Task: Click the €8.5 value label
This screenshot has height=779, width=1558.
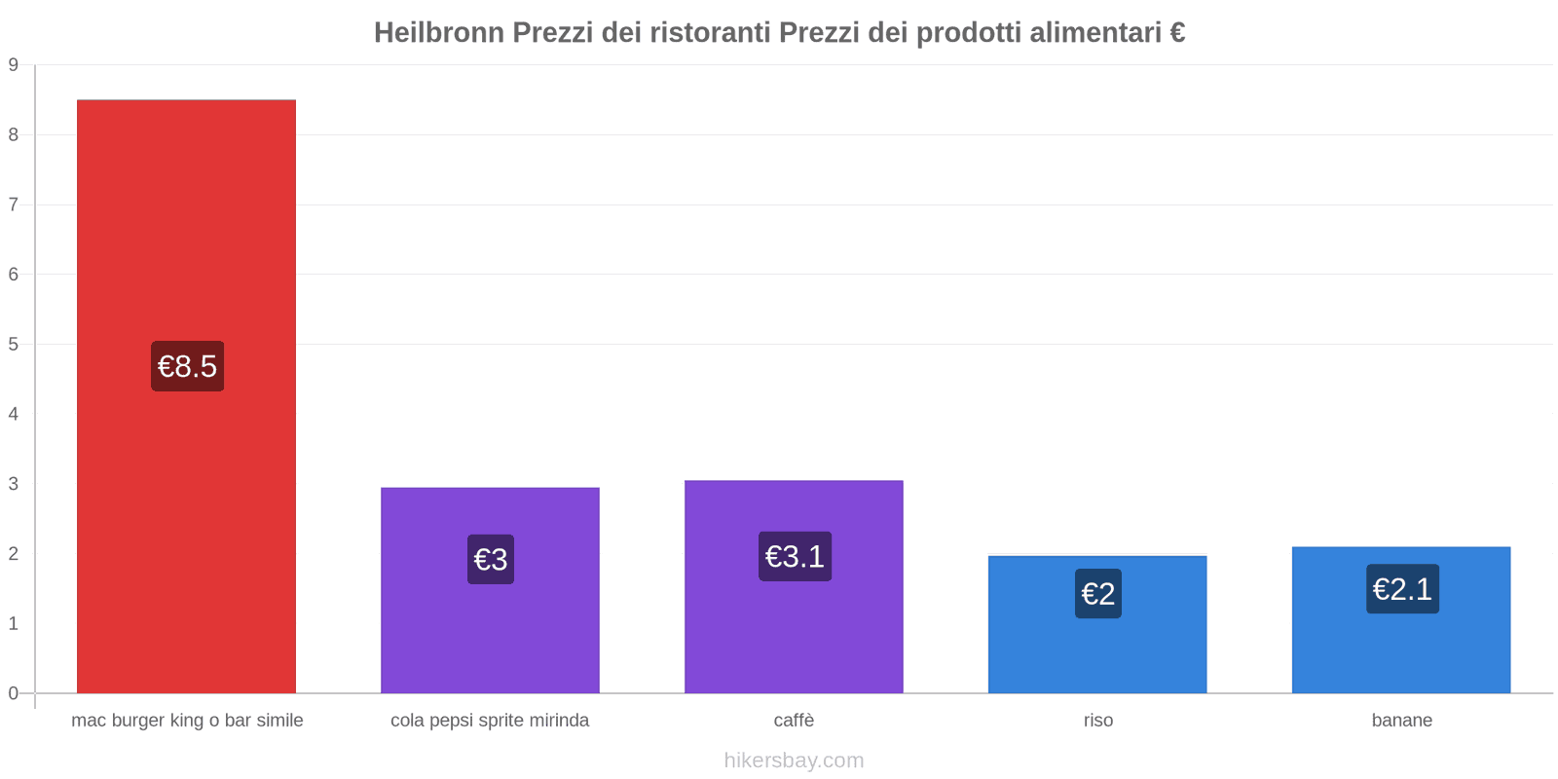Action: click(x=187, y=366)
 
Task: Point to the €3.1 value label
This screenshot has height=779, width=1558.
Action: click(x=795, y=556)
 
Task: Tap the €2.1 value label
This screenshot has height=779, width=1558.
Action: click(x=1402, y=589)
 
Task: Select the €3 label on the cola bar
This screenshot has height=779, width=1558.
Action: click(x=491, y=559)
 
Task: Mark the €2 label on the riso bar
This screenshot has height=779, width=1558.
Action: click(x=1098, y=593)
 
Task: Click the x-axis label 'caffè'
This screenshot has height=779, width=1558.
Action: click(x=794, y=721)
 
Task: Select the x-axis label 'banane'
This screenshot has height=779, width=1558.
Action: click(x=1401, y=721)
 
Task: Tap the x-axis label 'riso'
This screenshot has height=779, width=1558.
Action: click(x=1097, y=721)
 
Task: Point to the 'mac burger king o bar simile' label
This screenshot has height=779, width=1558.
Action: click(x=187, y=721)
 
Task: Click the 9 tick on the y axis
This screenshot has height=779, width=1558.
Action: click(x=14, y=65)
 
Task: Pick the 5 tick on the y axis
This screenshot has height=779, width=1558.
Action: click(x=14, y=344)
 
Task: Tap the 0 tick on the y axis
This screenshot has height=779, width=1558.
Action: click(x=14, y=693)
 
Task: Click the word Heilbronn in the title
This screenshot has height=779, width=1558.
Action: click(x=439, y=33)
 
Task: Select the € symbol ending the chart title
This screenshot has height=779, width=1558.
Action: click(x=1177, y=33)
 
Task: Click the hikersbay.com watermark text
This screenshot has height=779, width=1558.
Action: click(x=794, y=760)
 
